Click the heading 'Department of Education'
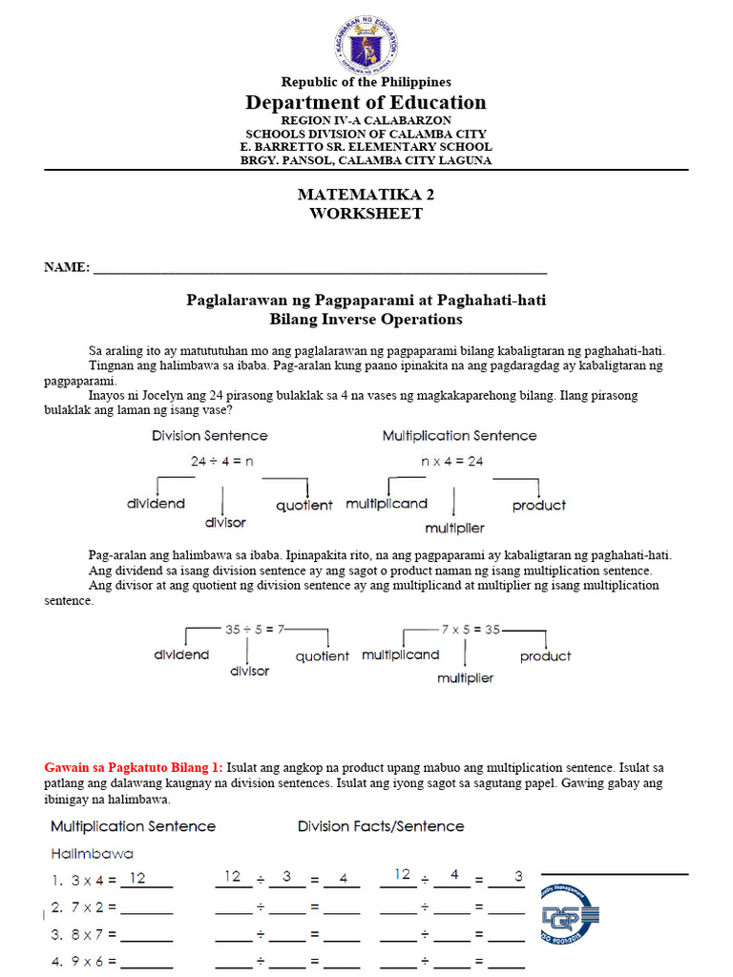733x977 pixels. [366, 103]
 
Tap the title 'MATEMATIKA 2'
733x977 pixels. [366, 194]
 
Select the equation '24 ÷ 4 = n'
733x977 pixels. [221, 461]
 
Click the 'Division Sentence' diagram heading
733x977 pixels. [210, 436]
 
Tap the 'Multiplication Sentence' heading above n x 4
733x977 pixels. [459, 436]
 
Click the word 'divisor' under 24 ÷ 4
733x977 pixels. [225, 522]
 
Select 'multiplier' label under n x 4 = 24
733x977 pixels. [454, 528]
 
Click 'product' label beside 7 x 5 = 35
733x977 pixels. [545, 656]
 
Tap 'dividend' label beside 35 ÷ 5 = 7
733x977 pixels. [181, 655]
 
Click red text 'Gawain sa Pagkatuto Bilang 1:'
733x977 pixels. [134, 766]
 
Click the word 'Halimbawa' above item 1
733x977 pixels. [92, 853]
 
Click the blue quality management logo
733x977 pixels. [570, 917]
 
